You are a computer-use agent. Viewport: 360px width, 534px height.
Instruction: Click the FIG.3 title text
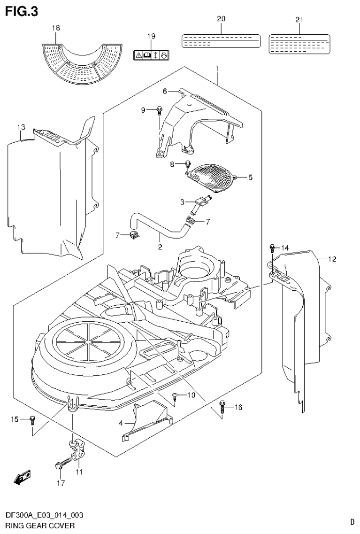(22, 10)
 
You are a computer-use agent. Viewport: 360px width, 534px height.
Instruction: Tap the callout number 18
(55, 29)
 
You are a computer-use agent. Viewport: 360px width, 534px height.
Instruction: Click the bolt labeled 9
(160, 111)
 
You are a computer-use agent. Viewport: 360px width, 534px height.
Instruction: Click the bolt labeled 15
(32, 419)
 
